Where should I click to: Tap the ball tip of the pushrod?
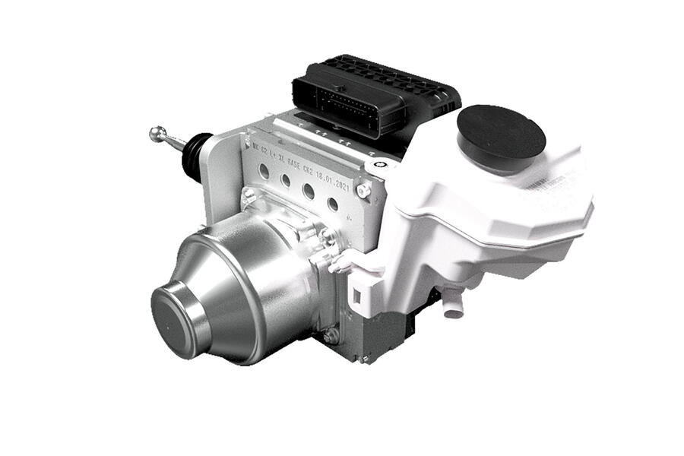(157, 134)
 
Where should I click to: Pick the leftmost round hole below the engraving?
(263, 171)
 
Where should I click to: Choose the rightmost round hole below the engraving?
(332, 203)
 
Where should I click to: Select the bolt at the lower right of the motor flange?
(331, 334)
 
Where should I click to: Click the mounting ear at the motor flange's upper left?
(249, 196)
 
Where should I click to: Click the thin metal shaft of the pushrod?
(174, 141)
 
